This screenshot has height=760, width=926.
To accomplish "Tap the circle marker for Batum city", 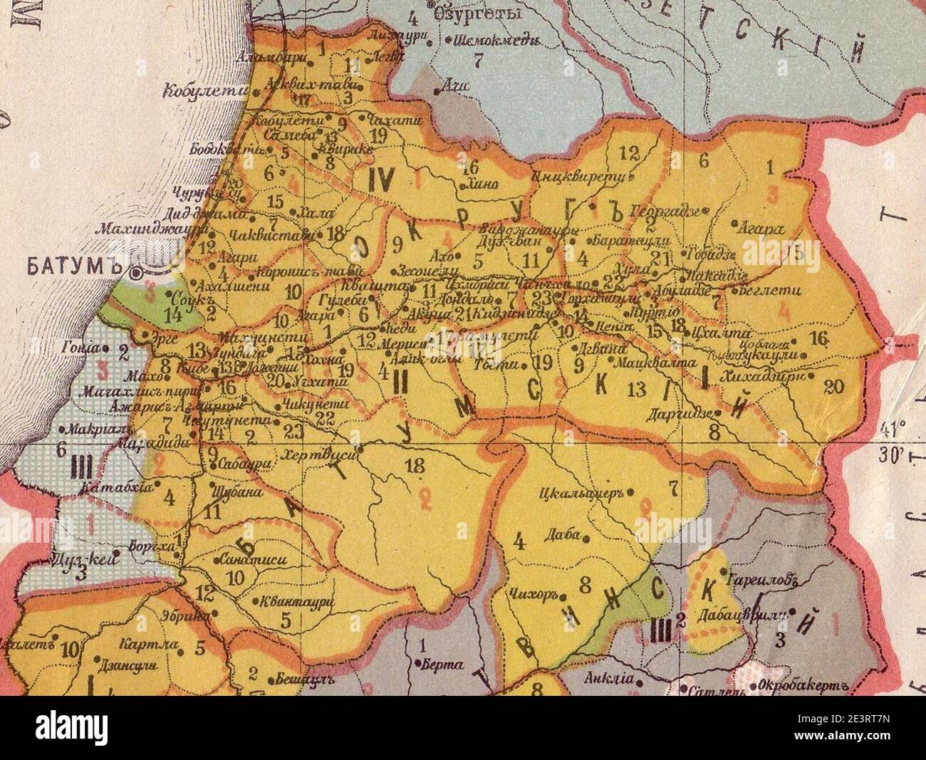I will click(x=135, y=273).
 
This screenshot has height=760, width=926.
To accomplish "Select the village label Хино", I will click(x=488, y=184).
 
